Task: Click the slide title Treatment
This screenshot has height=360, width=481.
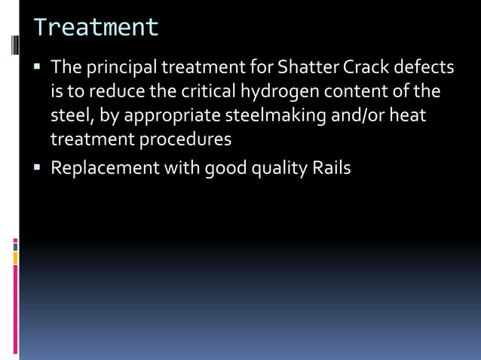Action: click(x=96, y=28)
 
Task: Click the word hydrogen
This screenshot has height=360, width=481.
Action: click(x=277, y=93)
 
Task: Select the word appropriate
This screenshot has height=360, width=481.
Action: click(x=178, y=116)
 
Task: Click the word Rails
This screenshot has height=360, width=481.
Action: click(x=331, y=167)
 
